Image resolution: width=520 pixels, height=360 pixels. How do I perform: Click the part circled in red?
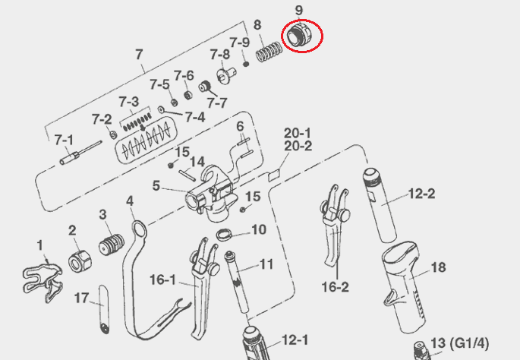[300, 35]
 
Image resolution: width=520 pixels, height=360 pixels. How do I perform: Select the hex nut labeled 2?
[80, 261]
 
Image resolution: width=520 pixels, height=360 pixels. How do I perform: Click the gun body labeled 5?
[212, 194]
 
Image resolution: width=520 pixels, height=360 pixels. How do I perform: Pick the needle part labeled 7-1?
[80, 153]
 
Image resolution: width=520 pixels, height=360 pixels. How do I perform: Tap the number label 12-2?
[421, 194]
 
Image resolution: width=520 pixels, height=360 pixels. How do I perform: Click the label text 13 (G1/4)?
[459, 343]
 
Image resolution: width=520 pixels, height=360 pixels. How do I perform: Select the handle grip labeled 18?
[404, 286]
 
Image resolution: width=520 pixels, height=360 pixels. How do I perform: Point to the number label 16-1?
[162, 279]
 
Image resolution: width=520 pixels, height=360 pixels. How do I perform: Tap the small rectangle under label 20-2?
[274, 175]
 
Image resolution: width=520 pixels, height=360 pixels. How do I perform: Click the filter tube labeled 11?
[237, 282]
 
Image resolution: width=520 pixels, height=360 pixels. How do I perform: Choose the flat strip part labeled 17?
[104, 310]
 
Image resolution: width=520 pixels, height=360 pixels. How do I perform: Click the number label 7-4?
[195, 117]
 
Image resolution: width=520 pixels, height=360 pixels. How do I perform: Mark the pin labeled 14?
[187, 175]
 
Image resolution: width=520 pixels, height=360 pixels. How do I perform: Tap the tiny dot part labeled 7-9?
[246, 63]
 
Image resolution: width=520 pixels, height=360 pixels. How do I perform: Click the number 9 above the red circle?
[299, 11]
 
